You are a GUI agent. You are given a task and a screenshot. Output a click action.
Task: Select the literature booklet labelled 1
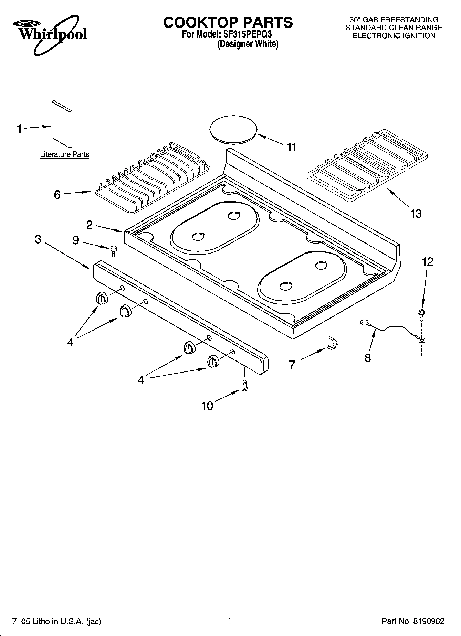pos(62,123)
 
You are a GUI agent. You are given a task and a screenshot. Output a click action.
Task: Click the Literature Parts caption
pos(64,154)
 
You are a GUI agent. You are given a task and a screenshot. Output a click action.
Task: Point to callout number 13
pos(416,214)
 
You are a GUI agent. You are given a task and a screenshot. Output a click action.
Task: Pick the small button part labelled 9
pos(113,250)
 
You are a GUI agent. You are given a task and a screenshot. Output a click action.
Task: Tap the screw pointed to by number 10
pos(245,385)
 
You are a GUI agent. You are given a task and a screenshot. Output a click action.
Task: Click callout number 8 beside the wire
pos(367,358)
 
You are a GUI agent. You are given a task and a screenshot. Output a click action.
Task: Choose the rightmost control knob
pos(213,362)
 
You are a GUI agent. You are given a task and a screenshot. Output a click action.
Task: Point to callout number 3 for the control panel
pos(38,239)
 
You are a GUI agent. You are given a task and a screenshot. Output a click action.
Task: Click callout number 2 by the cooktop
pos(90,225)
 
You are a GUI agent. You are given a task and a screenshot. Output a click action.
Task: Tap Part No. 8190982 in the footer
pos(413,621)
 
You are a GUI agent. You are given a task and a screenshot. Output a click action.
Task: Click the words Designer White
pos(248,44)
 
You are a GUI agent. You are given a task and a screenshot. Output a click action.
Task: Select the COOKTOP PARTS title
pos(228,22)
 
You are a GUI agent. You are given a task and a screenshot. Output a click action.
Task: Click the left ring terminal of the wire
pos(364,322)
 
